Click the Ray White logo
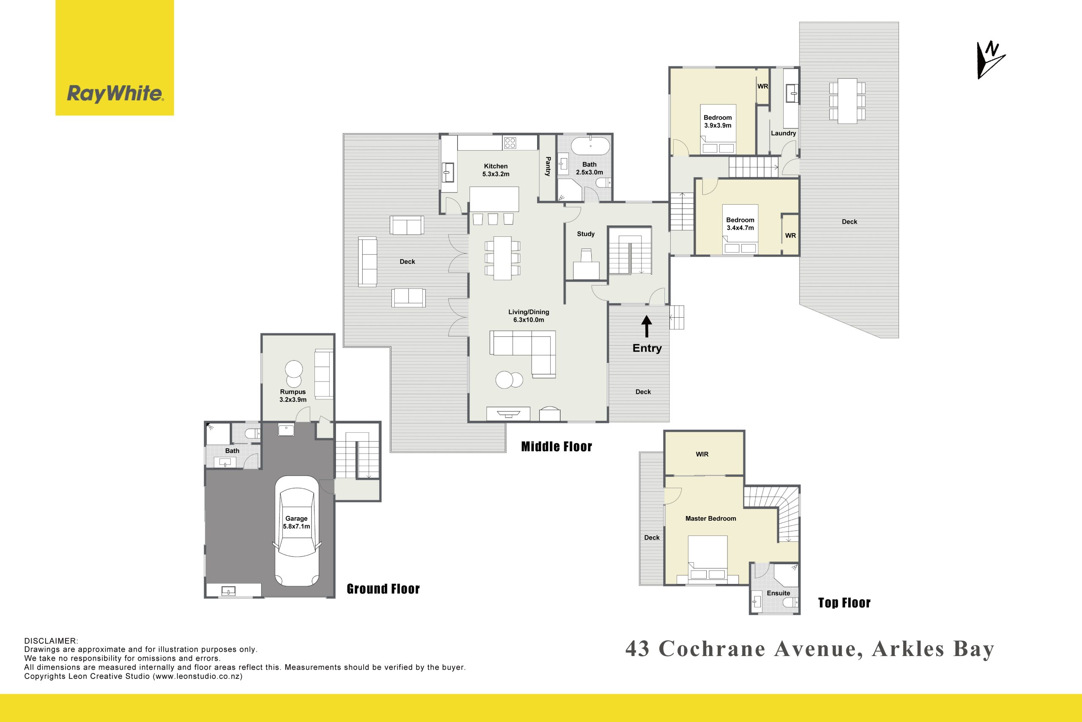coord(115,58)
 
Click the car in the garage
coord(297,530)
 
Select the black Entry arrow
coord(647,327)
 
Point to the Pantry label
coord(548,166)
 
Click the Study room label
coord(586,234)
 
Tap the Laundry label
coord(783,133)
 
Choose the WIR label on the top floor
coord(702,454)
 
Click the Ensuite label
coord(779,593)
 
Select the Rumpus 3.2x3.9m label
coord(293,395)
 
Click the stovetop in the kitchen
coord(510,143)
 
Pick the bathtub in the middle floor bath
coord(590,146)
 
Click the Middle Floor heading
coord(557,446)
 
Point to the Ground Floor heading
coord(383,589)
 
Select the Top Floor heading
coord(844,603)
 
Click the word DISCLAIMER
coord(51,641)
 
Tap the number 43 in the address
coord(638,649)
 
